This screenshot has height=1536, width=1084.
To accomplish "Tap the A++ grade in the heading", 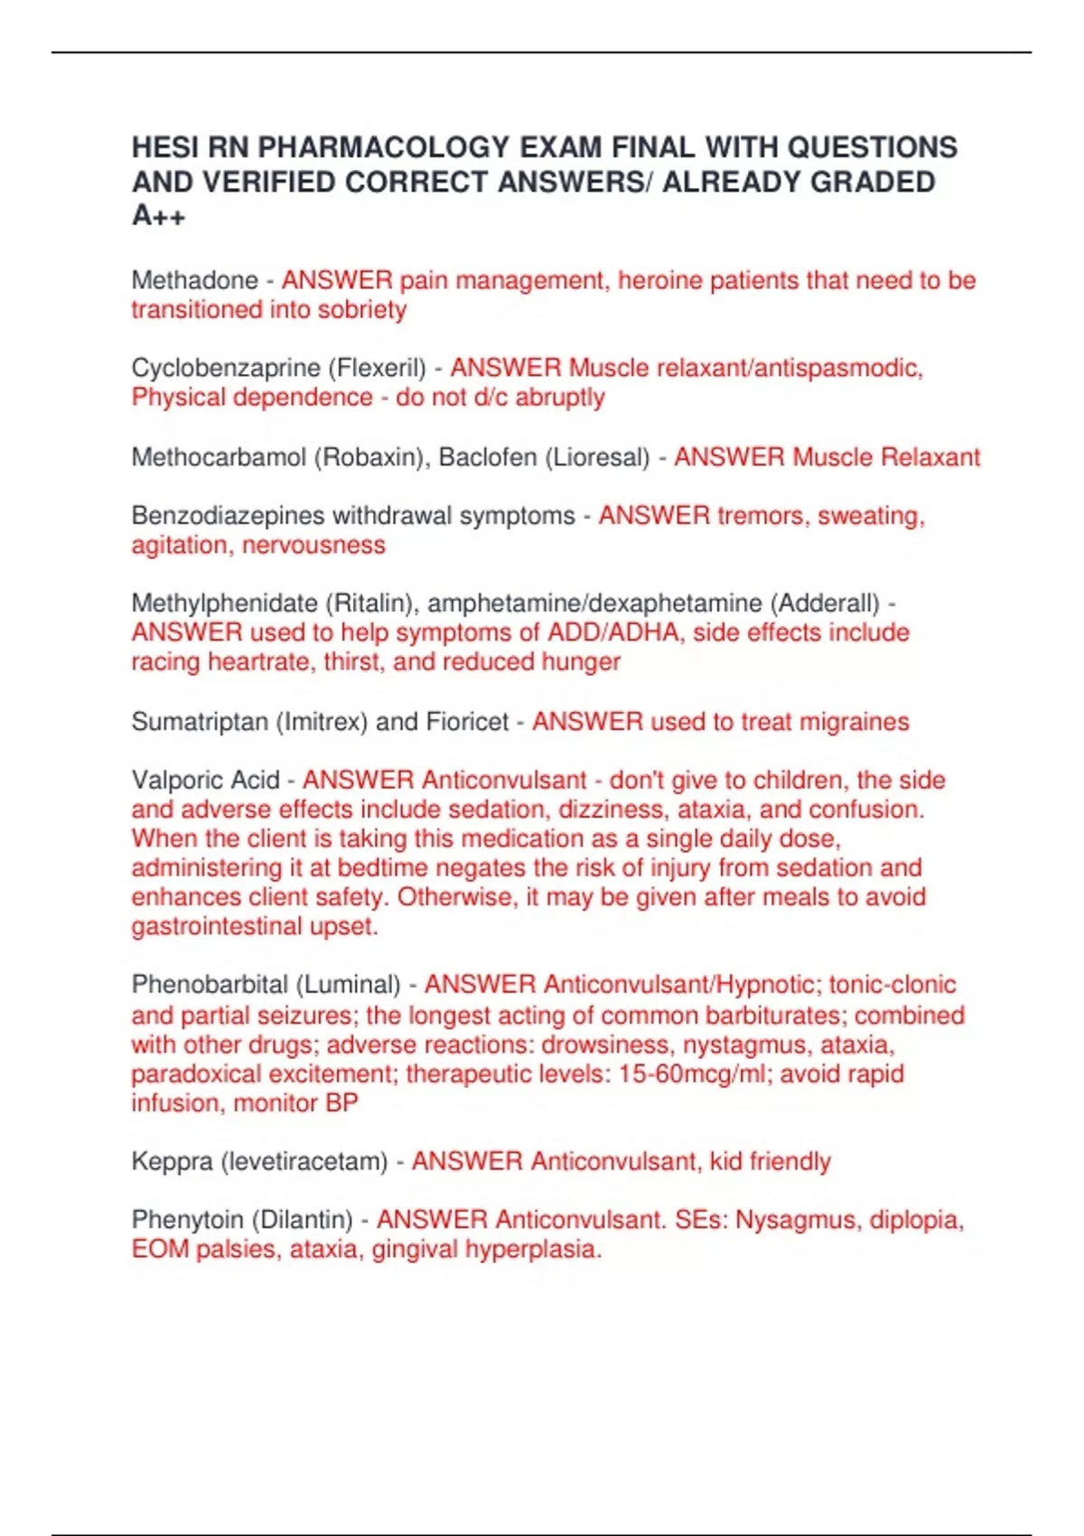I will point(158,216).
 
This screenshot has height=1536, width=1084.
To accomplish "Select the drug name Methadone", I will point(194,280).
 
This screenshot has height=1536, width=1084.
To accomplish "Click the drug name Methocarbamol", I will point(219,457).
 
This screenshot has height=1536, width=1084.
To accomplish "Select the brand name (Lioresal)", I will point(596,457).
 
